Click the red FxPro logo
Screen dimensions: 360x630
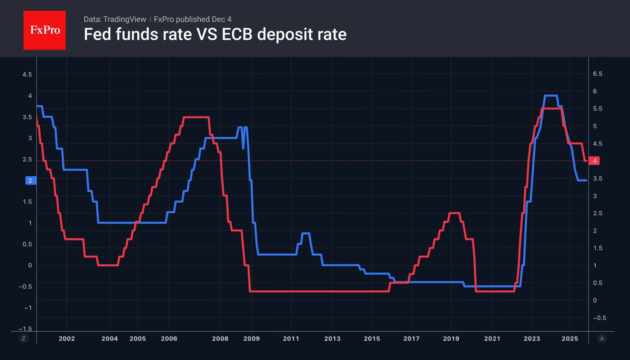[x=45, y=30]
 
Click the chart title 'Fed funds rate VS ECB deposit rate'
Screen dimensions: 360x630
[x=215, y=34]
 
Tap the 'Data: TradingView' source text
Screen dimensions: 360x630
[x=115, y=19]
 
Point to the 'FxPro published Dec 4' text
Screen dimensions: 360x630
[x=192, y=19]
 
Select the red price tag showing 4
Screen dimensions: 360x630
[x=594, y=161]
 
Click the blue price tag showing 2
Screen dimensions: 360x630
[x=30, y=181]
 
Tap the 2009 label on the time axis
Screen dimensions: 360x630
[x=251, y=339]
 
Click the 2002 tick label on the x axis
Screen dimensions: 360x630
[x=67, y=339]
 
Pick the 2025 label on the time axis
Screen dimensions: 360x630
[x=570, y=339]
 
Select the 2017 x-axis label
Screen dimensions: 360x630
[x=411, y=339]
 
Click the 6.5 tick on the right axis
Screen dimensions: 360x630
[x=597, y=74]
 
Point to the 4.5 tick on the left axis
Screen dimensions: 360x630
[x=27, y=74]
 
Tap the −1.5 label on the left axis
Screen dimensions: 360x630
[x=25, y=329]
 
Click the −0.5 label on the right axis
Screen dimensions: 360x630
[x=599, y=318]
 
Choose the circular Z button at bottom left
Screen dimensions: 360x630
[x=23, y=339]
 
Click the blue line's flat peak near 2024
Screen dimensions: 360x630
[x=551, y=96]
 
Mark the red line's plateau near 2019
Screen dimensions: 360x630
[x=454, y=213]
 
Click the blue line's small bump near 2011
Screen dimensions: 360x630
[x=306, y=233]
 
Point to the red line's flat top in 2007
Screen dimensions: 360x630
[x=196, y=117]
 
